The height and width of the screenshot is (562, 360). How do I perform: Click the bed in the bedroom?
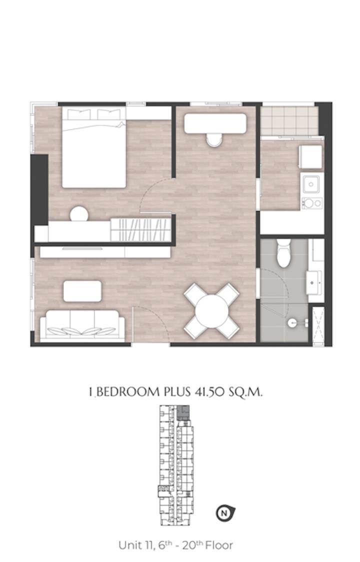(x=94, y=147)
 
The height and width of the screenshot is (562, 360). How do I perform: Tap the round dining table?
(x=212, y=311)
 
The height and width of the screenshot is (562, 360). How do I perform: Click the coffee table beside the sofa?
(x=82, y=291)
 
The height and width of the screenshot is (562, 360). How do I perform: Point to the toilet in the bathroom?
(x=283, y=253)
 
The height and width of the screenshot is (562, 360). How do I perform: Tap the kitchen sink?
(x=311, y=184)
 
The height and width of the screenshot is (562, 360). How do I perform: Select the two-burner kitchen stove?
(x=312, y=203)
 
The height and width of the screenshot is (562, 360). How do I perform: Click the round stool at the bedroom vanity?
(x=79, y=214)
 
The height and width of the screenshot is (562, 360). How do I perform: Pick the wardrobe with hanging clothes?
(x=140, y=229)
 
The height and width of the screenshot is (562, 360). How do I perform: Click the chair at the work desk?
(x=214, y=140)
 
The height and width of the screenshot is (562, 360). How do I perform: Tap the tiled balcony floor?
(x=289, y=121)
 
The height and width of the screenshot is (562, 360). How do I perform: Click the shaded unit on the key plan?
(x=183, y=413)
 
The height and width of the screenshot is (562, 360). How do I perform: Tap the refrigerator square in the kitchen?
(x=311, y=156)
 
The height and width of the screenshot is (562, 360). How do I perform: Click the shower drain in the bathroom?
(x=292, y=323)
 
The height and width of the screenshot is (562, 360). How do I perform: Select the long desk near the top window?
(x=215, y=123)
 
